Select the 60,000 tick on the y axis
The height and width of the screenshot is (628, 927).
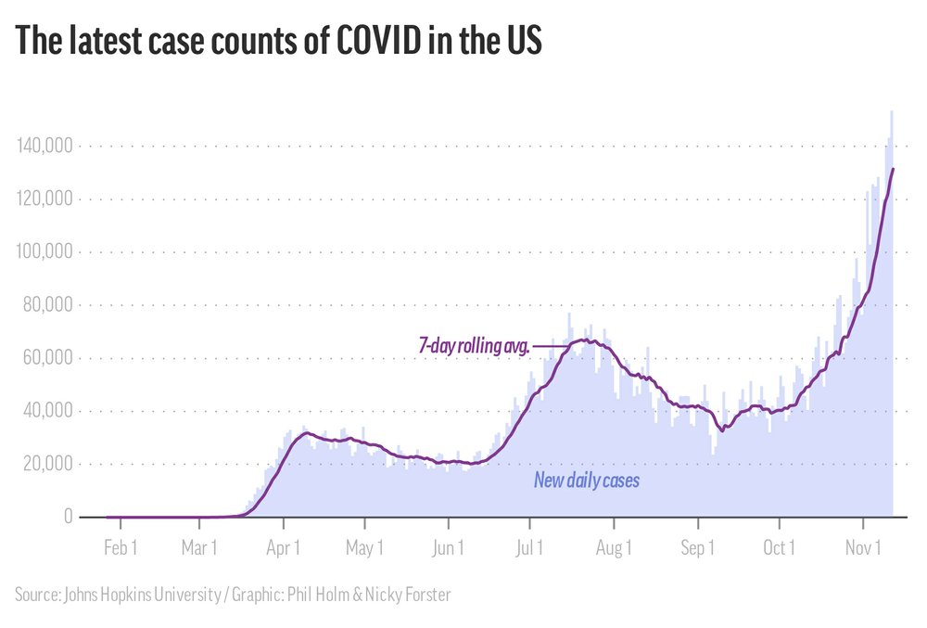[x=47, y=358]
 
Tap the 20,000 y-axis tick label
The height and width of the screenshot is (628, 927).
[x=47, y=464]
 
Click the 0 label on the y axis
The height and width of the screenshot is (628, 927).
[x=68, y=517]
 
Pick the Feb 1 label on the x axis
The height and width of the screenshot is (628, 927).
[x=121, y=548]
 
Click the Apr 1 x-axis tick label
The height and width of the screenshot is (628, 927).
[x=283, y=548]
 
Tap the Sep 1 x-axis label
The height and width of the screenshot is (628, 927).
[x=697, y=548]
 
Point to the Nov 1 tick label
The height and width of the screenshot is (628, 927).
[x=863, y=548]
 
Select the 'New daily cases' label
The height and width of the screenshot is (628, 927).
[x=586, y=481]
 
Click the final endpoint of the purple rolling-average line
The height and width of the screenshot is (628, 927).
[x=893, y=169]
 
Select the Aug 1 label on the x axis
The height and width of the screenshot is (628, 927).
[x=614, y=548]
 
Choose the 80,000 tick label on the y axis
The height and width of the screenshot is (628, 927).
[x=47, y=305]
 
